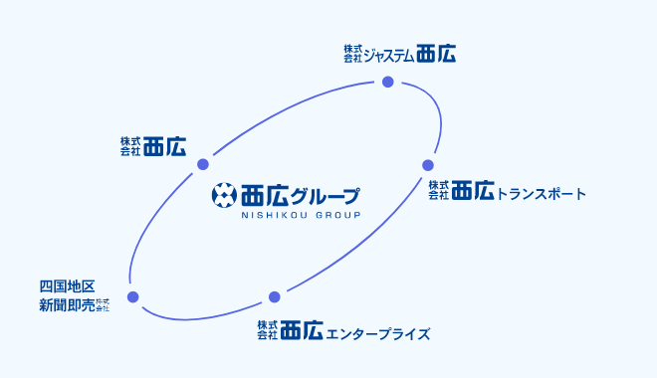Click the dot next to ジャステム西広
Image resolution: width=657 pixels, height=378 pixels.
[388, 82]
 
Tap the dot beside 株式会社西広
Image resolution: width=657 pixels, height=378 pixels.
[202, 164]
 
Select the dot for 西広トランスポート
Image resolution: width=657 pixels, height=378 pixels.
[428, 165]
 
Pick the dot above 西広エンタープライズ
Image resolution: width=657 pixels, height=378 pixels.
[275, 296]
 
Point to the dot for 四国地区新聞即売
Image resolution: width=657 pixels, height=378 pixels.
[133, 296]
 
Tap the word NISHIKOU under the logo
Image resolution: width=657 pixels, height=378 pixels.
[275, 215]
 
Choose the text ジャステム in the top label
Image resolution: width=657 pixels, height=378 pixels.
[389, 55]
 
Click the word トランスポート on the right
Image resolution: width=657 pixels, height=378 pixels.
[542, 193]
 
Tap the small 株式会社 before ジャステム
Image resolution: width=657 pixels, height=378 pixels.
[353, 54]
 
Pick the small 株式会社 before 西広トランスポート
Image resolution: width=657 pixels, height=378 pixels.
[439, 191]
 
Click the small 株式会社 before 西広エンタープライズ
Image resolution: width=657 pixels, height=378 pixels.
[266, 331]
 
